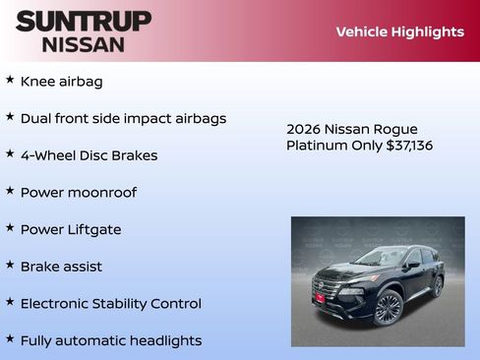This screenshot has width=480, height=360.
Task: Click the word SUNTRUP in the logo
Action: (x=84, y=21)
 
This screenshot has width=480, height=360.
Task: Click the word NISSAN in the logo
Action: (x=84, y=44)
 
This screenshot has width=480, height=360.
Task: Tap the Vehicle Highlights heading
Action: (x=399, y=31)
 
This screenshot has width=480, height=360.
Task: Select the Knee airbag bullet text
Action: (x=61, y=82)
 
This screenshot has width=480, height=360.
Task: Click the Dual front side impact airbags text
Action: (x=123, y=118)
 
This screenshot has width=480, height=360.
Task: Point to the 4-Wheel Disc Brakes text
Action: (x=89, y=155)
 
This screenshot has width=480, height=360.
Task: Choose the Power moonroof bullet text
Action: (x=79, y=193)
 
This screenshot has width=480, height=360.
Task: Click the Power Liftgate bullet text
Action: (x=71, y=229)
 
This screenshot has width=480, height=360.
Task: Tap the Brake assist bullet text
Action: (x=61, y=267)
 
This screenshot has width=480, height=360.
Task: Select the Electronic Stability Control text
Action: (x=110, y=304)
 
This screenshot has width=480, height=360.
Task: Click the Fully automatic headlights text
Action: (x=110, y=340)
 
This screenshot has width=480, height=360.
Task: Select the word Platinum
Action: (x=317, y=146)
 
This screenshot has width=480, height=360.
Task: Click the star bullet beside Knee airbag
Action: (x=10, y=80)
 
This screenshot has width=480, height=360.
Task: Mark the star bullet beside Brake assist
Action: (x=10, y=265)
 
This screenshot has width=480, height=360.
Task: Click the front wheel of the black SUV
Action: (x=388, y=308)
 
